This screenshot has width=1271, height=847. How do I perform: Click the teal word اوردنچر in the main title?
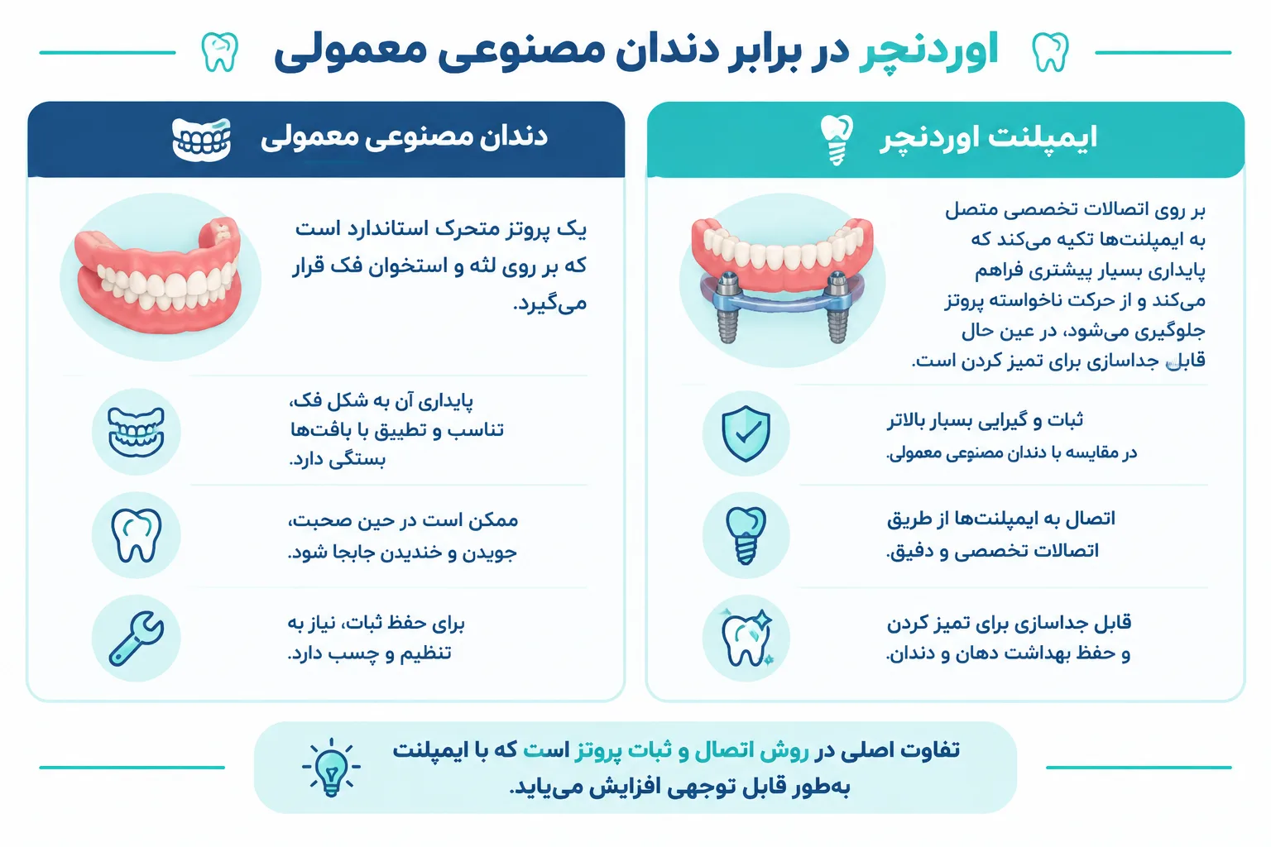[x=929, y=52]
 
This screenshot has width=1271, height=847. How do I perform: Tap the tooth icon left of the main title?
[x=219, y=51]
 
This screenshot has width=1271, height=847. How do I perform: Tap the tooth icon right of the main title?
[x=1050, y=51]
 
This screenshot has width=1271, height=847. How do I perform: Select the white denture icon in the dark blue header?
[x=201, y=140]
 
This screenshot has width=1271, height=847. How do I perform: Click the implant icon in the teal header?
[x=837, y=140]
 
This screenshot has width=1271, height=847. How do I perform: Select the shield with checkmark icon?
[x=746, y=433]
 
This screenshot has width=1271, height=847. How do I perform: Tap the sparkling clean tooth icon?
[x=746, y=638]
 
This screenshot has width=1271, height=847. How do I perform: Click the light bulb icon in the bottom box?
[x=331, y=768]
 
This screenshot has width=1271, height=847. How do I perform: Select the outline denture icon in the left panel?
[x=137, y=433]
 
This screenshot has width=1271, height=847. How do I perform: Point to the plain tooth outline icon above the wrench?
[x=137, y=535]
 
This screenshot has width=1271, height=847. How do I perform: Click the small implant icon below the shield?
[x=746, y=535]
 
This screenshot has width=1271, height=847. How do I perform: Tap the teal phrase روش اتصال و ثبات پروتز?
[x=692, y=750]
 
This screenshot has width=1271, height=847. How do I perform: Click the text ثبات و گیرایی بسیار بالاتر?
[x=985, y=420]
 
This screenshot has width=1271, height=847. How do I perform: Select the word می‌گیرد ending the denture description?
[x=549, y=304]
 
